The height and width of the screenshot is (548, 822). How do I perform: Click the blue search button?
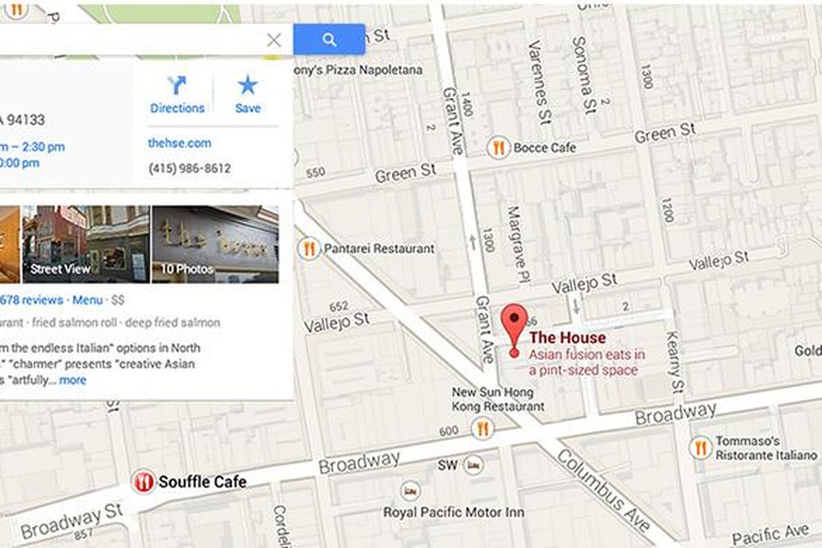coord(329,39)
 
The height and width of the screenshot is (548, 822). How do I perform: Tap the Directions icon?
coord(177,86)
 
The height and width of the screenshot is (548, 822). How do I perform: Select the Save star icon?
coord(247,86)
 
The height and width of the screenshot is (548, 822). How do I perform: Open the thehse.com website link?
coord(179,143)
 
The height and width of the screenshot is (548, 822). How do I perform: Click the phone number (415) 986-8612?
coord(190,169)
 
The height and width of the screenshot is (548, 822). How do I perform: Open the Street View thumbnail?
coord(86,244)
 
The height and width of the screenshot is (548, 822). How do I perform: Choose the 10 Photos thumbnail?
coord(215,244)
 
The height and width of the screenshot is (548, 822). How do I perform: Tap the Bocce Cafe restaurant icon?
coord(498,147)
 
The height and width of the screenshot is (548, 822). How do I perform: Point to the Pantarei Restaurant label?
coord(379,249)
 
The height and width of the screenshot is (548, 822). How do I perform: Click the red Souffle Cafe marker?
coord(143,482)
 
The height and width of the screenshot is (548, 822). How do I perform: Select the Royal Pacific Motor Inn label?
coord(453,512)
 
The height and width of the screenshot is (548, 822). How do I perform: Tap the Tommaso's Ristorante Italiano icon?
coord(700,448)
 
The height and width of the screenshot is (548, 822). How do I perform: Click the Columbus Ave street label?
coord(603,491)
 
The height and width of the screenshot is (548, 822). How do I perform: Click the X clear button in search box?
coord(274,40)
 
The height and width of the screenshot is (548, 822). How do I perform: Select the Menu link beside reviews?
coord(88,300)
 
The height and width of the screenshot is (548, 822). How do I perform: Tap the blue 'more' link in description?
coord(73,380)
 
